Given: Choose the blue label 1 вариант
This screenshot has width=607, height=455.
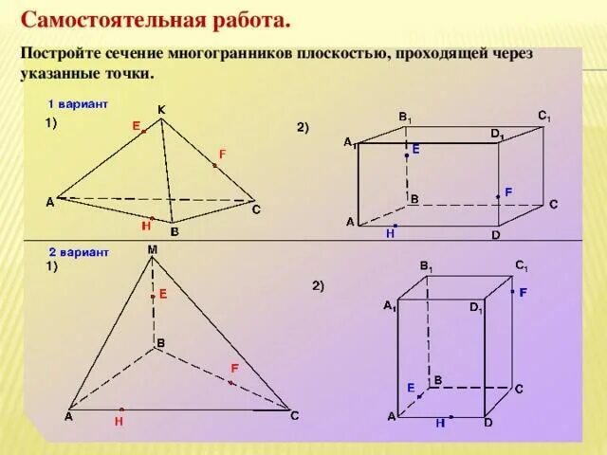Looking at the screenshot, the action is [78, 101].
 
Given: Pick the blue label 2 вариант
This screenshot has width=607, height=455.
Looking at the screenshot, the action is [79, 252].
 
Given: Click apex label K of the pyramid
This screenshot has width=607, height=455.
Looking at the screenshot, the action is [161, 110].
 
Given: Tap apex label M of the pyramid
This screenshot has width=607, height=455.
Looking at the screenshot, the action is [152, 249].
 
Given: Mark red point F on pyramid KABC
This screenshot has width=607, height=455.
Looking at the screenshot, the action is [214, 166].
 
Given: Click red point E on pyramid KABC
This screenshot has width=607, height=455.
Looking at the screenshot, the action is [144, 132].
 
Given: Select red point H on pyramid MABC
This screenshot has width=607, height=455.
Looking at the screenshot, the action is [122, 410].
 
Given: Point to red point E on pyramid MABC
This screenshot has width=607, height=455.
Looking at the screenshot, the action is [152, 296].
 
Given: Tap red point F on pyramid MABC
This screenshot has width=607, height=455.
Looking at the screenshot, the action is [230, 382].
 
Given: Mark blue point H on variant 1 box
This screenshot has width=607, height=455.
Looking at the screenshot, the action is [395, 226].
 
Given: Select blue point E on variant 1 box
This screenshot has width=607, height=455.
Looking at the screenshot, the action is [407, 155].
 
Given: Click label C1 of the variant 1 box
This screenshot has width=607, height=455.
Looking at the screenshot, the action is [543, 116].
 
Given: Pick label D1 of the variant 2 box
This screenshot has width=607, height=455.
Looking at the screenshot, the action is [476, 308].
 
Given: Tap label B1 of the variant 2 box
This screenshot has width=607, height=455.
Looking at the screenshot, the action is [427, 267].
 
